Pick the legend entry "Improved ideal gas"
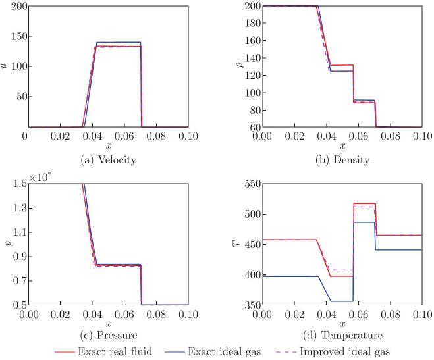pyautogui.click(x=355, y=351)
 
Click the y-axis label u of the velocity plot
pyautogui.click(x=7, y=66)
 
